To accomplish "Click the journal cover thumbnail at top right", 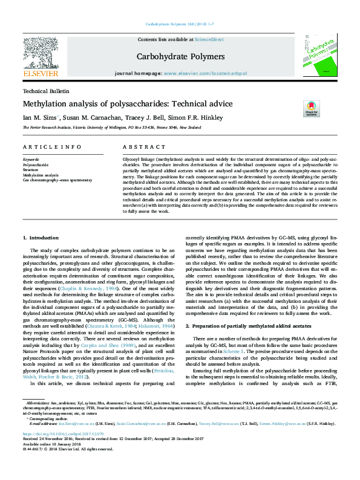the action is coord(321,57).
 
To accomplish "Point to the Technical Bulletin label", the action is coord(46,91).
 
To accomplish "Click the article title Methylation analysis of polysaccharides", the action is coord(128,104).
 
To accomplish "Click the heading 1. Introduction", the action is coord(41,238).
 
